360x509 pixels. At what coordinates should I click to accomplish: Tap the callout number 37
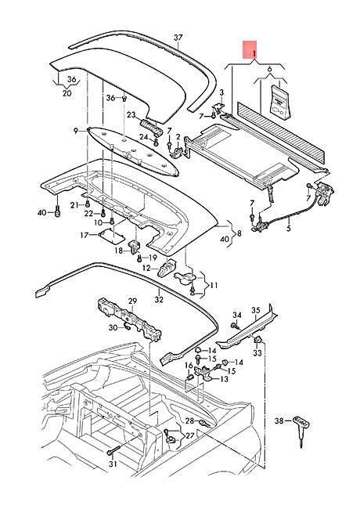point(178,38)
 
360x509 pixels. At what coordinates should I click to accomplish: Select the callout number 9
point(76,130)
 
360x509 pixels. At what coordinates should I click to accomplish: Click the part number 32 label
point(158,298)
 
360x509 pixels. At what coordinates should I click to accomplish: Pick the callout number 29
point(133,301)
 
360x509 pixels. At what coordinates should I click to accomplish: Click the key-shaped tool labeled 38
point(302,427)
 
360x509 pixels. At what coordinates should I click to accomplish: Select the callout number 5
point(287,229)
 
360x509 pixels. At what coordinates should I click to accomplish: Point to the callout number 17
point(84,234)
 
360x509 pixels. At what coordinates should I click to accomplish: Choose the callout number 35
point(254,311)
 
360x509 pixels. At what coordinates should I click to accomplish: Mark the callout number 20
point(66,93)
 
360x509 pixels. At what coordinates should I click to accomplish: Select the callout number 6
point(271,70)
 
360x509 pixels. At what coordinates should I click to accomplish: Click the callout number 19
point(153,257)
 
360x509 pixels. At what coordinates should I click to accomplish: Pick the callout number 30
point(112,327)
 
